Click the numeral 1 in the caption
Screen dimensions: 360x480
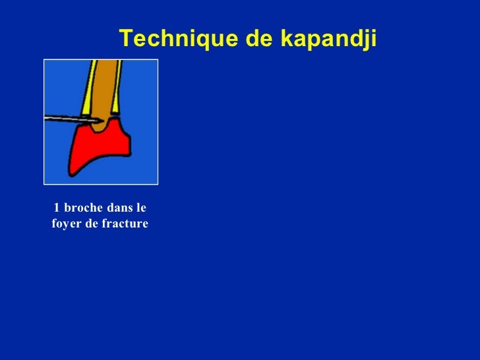56,209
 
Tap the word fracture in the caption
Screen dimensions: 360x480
125,225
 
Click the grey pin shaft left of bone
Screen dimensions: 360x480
66,119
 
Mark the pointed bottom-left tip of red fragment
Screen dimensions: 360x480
72,175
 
